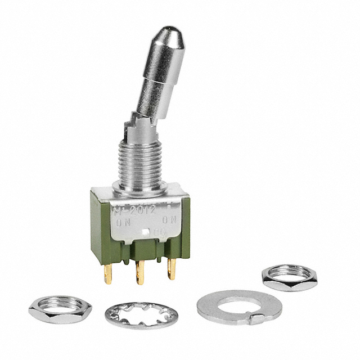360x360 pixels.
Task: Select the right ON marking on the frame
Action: pyautogui.click(x=170, y=222)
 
